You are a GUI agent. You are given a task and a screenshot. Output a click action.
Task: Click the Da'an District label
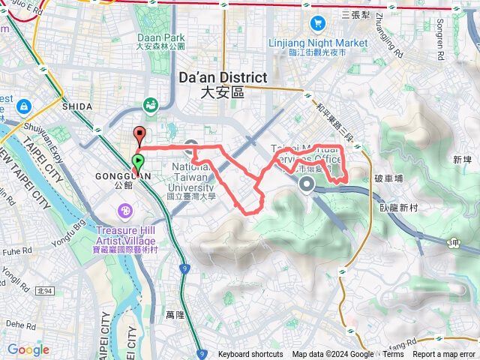[223, 77]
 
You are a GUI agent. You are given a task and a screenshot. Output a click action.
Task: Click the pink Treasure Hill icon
[124, 208]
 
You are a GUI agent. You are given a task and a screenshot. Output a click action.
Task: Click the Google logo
[28, 349]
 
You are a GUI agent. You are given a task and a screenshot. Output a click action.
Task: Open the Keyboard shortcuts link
[250, 355]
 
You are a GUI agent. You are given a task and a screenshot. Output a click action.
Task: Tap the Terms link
[393, 355]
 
